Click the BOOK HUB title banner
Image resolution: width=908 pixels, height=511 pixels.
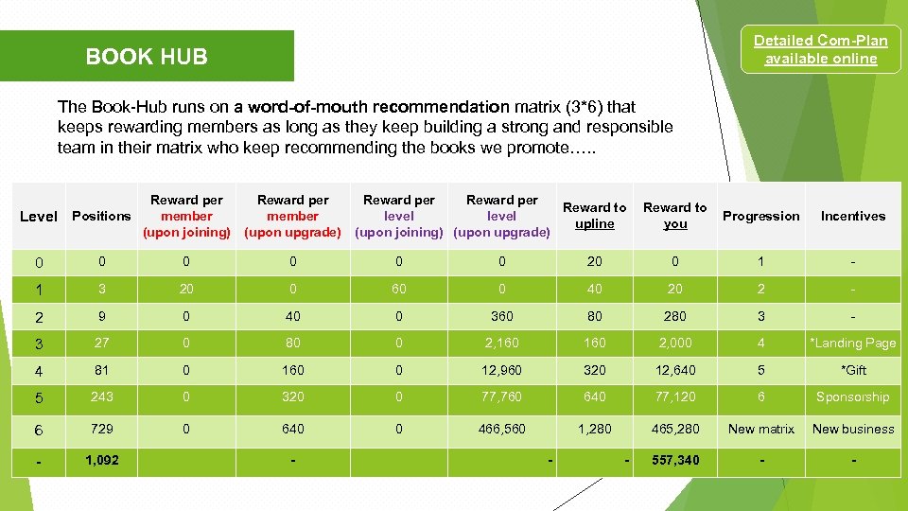click(x=147, y=57)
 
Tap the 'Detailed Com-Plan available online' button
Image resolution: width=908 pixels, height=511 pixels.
click(x=820, y=50)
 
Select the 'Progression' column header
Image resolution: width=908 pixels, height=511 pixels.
click(x=760, y=216)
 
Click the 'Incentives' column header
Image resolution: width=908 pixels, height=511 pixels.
click(x=852, y=216)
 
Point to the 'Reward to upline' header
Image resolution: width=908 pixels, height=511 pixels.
click(x=594, y=216)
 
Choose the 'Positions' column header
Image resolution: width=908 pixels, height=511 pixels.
click(x=101, y=216)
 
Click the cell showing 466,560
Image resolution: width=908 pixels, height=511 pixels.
click(x=501, y=429)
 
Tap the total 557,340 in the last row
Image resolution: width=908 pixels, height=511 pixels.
click(x=675, y=460)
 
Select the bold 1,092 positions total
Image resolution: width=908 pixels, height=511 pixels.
click(x=101, y=460)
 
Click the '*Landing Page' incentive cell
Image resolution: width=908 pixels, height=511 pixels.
click(x=852, y=343)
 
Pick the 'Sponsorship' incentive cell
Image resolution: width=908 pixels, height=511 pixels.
click(x=852, y=397)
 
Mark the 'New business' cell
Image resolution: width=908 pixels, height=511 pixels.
click(x=852, y=429)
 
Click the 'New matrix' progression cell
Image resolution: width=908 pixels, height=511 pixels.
click(x=760, y=429)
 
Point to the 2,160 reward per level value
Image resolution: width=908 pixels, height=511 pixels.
click(x=501, y=343)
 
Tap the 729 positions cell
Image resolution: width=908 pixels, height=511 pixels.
click(x=101, y=429)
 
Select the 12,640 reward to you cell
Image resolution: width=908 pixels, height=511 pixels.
click(x=675, y=370)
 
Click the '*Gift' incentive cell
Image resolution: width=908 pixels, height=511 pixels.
click(x=852, y=370)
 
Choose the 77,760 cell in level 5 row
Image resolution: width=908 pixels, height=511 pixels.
click(x=501, y=397)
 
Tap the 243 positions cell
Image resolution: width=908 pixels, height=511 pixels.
click(x=101, y=397)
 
